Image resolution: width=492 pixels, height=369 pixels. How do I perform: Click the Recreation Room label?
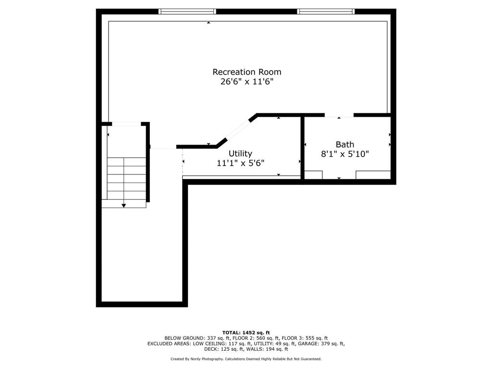[x=247, y=72]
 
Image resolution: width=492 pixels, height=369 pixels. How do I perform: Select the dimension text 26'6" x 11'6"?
[x=247, y=82]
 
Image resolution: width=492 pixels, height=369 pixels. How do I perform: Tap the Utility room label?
[x=240, y=153]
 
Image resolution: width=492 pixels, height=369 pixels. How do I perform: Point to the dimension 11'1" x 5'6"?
[x=240, y=163]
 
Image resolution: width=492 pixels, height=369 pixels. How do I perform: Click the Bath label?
[x=344, y=144]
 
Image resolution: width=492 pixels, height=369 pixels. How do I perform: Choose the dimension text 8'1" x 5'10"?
[x=344, y=154]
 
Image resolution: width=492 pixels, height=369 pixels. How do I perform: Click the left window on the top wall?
[x=187, y=12]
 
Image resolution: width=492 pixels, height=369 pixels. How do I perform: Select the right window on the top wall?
[x=326, y=12]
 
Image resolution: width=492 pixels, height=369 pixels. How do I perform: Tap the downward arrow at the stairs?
[x=124, y=205]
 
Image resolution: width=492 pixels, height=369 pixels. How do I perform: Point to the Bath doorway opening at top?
[x=339, y=115]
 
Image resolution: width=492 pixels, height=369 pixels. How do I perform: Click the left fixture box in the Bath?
[x=313, y=175]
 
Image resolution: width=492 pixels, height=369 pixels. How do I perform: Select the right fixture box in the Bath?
[x=373, y=175]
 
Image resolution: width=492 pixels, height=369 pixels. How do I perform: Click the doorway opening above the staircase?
[x=126, y=124]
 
